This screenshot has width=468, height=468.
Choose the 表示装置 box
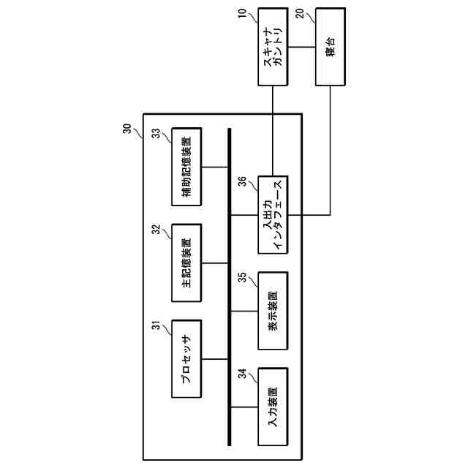272,310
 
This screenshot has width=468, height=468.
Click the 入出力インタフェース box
272,214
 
